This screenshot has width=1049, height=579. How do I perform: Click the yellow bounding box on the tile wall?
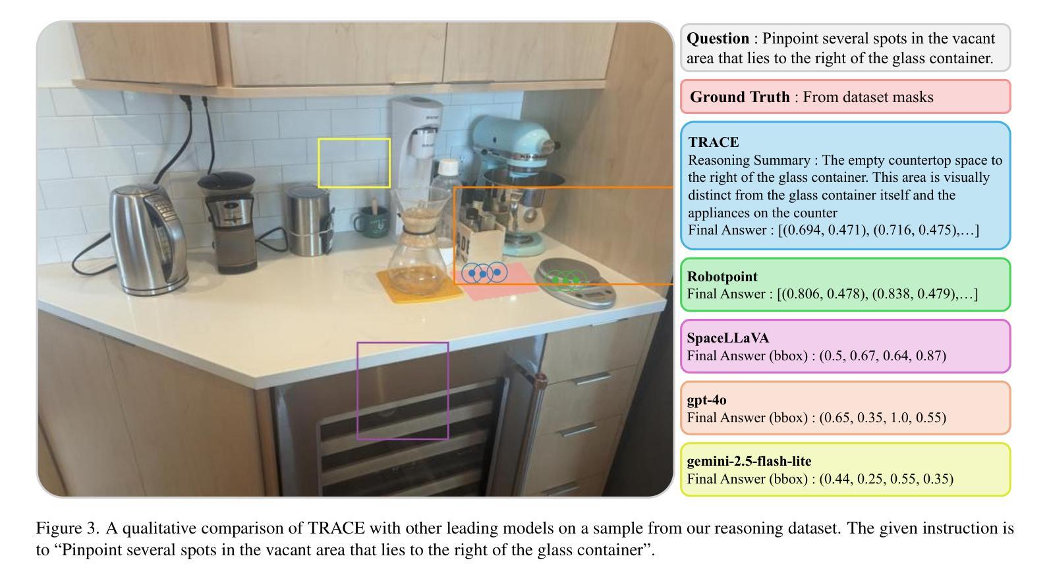click(x=354, y=163)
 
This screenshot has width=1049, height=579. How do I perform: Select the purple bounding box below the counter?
click(x=402, y=391)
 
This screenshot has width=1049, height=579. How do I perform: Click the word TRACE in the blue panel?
click(x=714, y=142)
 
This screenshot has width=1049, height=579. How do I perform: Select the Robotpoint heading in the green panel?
click(x=722, y=277)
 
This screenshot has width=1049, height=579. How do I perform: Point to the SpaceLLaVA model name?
click(x=728, y=338)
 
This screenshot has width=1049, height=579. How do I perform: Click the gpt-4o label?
click(x=706, y=400)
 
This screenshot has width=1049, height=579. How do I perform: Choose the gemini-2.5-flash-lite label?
click(x=749, y=461)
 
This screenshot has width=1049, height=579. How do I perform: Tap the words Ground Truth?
click(x=739, y=97)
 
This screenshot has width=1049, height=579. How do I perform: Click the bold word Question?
click(x=718, y=38)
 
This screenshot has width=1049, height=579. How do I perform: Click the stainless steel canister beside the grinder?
click(x=306, y=221)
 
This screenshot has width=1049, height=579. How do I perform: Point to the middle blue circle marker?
click(x=484, y=273)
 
